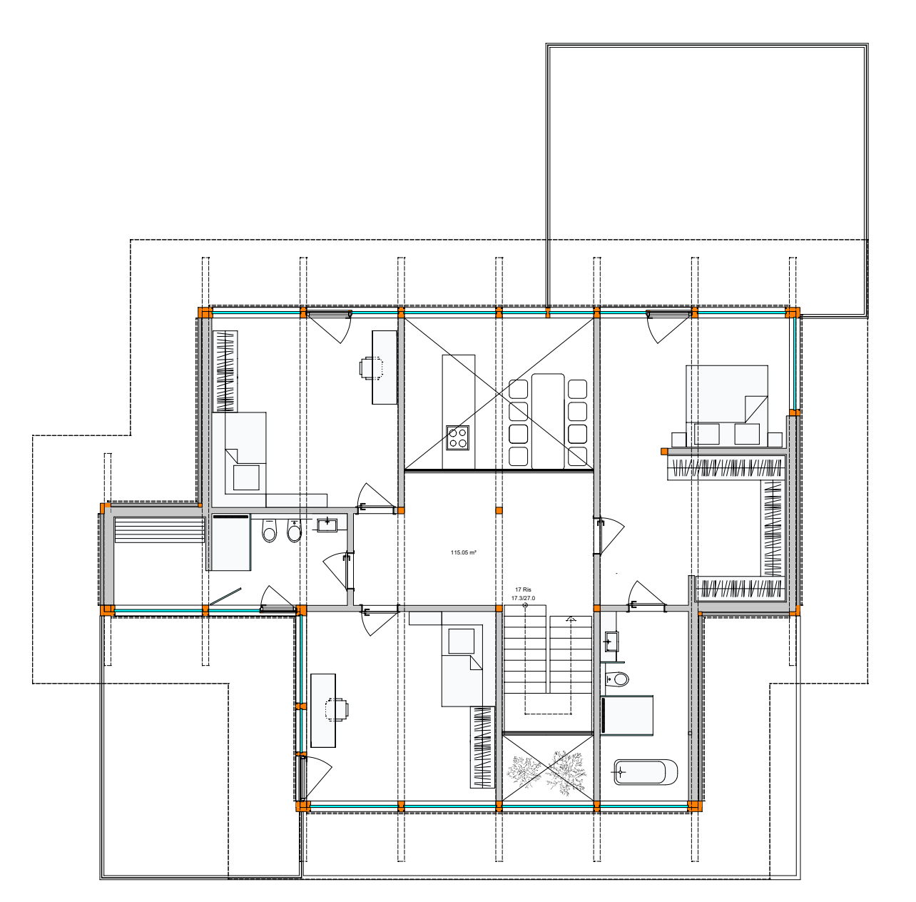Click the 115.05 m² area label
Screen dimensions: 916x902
click(x=464, y=552)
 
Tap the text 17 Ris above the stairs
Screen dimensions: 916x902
click(x=523, y=589)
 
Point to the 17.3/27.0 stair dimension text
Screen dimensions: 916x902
click(x=523, y=598)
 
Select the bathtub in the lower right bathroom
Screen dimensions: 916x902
click(x=646, y=771)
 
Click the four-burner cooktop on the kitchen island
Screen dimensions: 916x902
click(x=457, y=438)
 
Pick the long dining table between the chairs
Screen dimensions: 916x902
click(x=548, y=421)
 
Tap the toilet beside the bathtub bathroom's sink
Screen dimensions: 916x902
click(x=617, y=679)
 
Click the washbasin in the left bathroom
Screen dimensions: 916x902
click(x=327, y=525)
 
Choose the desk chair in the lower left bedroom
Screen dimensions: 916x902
click(x=337, y=709)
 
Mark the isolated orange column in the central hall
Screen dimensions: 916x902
click(x=499, y=510)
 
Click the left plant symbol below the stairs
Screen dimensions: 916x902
click(x=524, y=772)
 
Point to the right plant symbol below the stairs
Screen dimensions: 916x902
click(x=566, y=773)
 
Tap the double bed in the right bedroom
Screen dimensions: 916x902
click(x=726, y=405)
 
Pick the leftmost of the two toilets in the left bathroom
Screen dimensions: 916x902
click(x=269, y=531)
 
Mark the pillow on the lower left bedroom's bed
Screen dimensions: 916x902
click(x=461, y=641)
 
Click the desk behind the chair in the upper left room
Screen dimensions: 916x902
click(x=384, y=368)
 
